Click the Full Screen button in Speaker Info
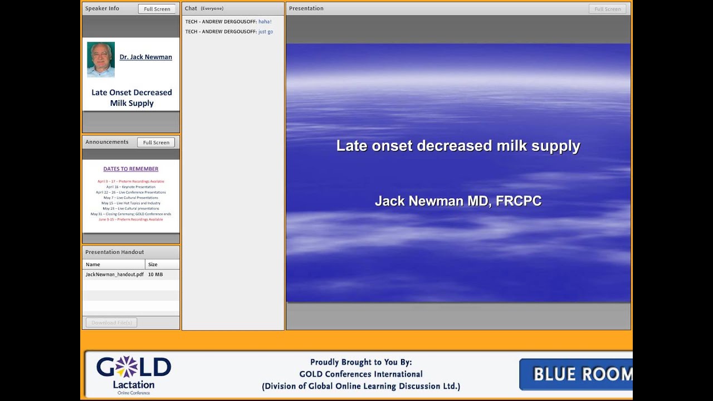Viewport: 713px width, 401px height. click(157, 9)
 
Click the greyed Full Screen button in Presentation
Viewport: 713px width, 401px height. click(607, 9)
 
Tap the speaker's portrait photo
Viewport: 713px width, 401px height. click(101, 59)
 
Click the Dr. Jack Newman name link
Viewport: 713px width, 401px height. click(145, 57)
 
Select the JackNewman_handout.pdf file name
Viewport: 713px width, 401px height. click(114, 275)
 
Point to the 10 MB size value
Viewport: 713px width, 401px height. click(155, 275)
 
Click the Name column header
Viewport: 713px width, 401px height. click(93, 265)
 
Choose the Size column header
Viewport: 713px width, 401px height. click(153, 265)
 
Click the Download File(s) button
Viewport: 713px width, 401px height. click(111, 322)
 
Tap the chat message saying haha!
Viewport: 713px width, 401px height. click(265, 22)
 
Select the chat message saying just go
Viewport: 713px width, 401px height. click(265, 32)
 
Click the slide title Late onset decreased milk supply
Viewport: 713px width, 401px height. click(458, 146)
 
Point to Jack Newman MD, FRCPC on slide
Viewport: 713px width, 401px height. click(458, 201)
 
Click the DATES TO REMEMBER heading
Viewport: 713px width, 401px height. click(131, 169)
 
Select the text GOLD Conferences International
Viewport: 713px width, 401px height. click(361, 374)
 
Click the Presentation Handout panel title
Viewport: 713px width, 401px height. click(115, 252)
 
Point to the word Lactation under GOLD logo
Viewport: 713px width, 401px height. click(134, 384)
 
